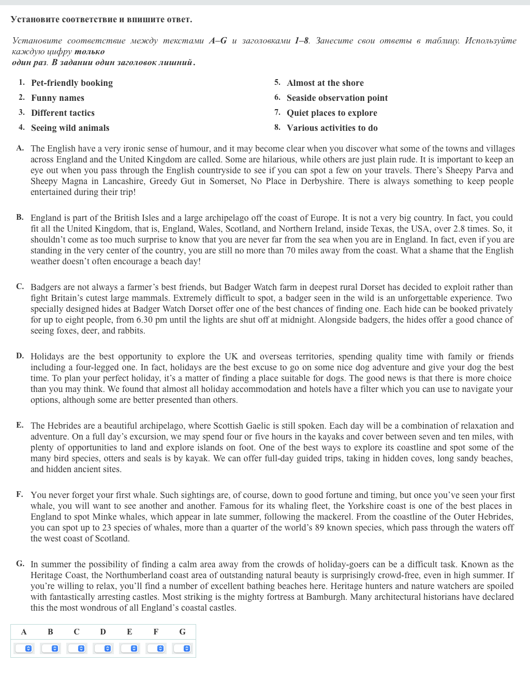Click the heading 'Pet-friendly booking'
[72, 83]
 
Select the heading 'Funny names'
[57, 98]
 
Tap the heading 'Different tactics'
[63, 113]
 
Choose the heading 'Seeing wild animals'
[70, 128]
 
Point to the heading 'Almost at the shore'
[325, 83]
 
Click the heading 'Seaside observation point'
[337, 98]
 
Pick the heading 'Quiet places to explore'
[332, 113]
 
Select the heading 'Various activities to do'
[332, 128]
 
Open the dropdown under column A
[24, 648]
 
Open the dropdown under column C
[77, 648]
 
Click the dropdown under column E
[129, 648]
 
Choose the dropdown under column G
[182, 648]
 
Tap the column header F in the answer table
[156, 632]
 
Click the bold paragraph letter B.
[20, 217]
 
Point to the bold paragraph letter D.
[20, 356]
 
